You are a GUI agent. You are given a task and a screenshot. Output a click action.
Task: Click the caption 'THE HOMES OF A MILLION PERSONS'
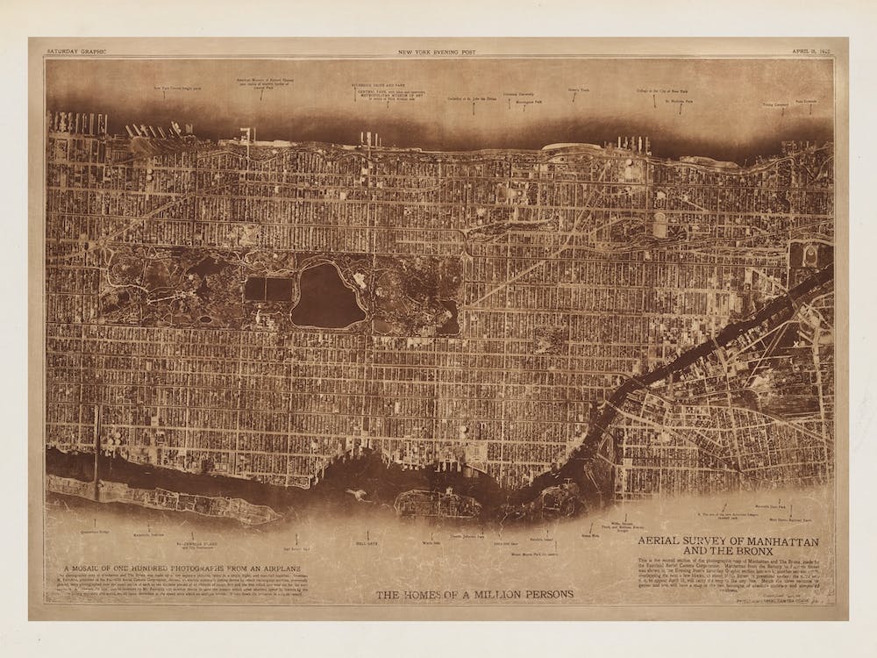[x=474, y=595]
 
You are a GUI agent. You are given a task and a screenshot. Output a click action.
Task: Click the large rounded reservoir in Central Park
[x=327, y=296]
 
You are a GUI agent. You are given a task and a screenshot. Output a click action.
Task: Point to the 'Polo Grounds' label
[x=806, y=101]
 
